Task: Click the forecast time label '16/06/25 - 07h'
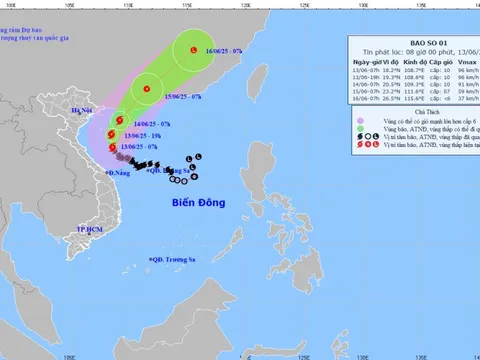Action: click(226, 47)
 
